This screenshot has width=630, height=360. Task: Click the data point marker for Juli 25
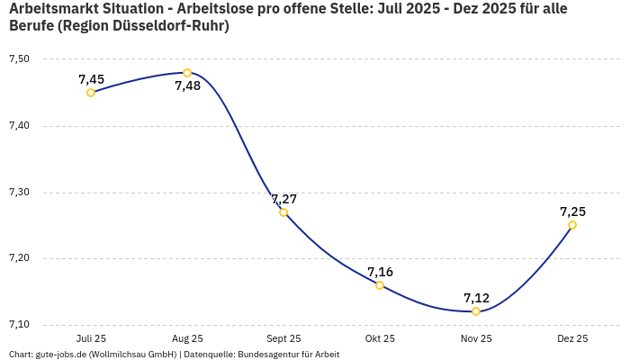tap(91, 93)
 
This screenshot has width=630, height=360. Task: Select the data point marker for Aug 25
tap(187, 73)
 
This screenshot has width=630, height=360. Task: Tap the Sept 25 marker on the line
tap(283, 212)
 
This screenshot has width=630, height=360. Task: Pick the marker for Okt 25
tap(380, 285)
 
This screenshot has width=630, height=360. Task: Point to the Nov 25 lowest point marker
tap(476, 311)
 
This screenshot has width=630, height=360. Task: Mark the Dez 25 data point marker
tap(572, 225)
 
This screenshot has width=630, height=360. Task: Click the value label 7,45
tap(91, 79)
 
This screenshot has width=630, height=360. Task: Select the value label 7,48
tap(188, 86)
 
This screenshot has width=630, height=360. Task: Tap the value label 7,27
tap(283, 199)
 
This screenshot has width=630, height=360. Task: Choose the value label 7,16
tap(380, 272)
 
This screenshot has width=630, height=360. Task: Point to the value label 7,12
tap(476, 298)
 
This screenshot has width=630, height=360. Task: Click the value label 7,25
tap(572, 211)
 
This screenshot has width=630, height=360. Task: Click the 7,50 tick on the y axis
tap(19, 59)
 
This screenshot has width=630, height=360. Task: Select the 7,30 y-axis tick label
tap(19, 193)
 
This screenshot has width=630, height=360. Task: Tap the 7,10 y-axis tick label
tap(19, 325)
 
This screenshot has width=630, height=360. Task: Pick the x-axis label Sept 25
tap(283, 339)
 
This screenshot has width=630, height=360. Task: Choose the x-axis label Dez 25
tap(572, 339)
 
